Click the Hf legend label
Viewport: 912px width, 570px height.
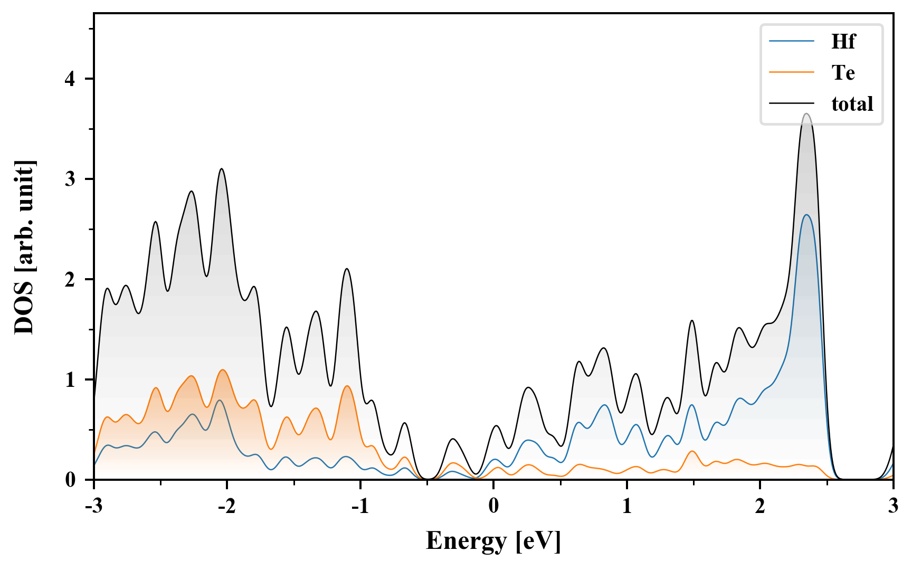point(843,41)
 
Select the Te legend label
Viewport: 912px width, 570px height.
point(843,72)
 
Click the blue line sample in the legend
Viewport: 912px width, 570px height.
point(792,41)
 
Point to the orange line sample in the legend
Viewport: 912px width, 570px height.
point(792,72)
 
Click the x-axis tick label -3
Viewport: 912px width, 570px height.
point(93,506)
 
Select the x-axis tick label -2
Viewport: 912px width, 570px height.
point(226,506)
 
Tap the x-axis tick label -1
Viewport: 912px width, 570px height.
point(360,506)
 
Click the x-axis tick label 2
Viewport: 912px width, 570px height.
point(760,506)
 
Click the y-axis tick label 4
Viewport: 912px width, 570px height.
point(71,79)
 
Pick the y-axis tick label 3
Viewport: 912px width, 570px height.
point(71,179)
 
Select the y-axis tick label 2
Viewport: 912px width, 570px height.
point(71,279)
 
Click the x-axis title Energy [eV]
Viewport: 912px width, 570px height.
point(493,541)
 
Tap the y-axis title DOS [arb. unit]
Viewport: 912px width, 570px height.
point(24,247)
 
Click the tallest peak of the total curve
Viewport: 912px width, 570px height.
point(806,114)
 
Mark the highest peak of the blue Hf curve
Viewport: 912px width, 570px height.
point(806,215)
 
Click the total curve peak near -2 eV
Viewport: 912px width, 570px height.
point(222,169)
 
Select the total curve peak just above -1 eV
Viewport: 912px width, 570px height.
point(347,269)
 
